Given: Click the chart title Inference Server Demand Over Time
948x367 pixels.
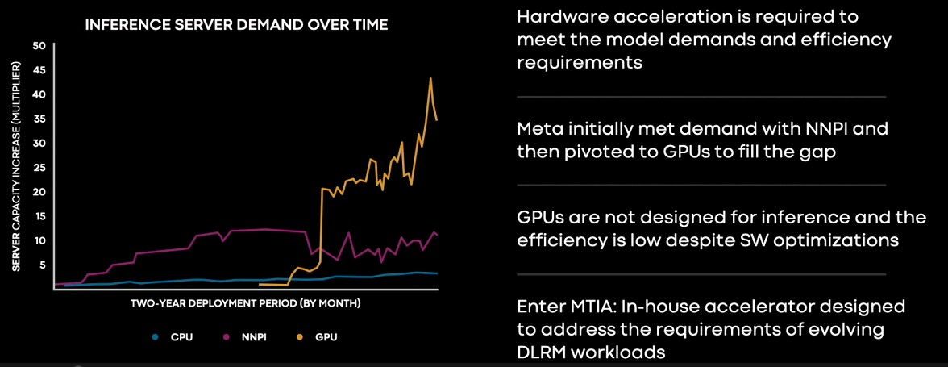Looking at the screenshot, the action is tap(236, 25).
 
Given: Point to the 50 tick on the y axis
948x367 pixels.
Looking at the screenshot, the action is tap(39, 46).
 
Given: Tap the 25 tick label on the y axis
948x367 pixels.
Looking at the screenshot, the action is tap(39, 167).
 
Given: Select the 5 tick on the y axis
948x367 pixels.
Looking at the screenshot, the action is tap(42, 265).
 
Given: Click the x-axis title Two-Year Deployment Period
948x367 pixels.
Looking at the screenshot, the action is tap(245, 302).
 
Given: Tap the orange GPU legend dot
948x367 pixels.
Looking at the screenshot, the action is tap(301, 337).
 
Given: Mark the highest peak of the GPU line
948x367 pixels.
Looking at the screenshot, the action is tap(430, 78).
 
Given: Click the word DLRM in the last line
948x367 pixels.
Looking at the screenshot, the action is tap(540, 352).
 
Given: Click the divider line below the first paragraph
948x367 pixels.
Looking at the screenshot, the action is tap(701, 97).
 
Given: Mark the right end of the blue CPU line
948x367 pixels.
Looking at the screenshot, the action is tap(437, 273).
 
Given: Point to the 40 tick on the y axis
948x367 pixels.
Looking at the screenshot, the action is tap(39, 94).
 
